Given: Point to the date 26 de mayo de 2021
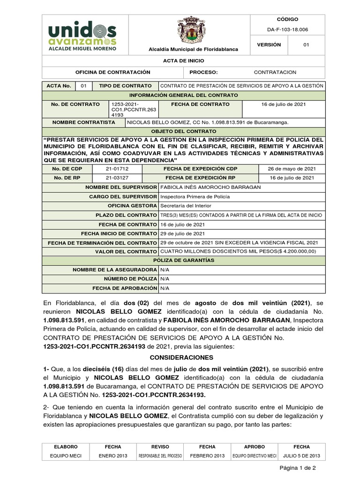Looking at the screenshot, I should click(x=291, y=168).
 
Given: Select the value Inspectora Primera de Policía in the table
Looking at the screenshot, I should click(x=195, y=196).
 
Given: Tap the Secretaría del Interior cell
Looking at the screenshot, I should click(x=186, y=205).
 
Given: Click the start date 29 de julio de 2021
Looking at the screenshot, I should click(x=182, y=233).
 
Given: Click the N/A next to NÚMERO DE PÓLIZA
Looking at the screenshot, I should click(x=165, y=279).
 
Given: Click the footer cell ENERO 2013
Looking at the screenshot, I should click(x=112, y=456).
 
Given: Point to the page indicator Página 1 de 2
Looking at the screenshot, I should click(x=298, y=468).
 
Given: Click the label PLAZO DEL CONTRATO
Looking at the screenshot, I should click(x=126, y=215).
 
